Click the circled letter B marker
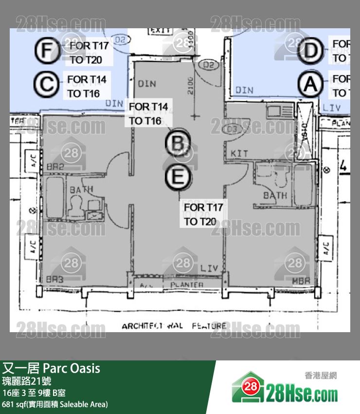(x=177, y=143)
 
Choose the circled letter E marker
(x=177, y=177)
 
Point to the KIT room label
(x=239, y=153)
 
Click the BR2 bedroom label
(x=56, y=167)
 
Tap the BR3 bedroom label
(x=55, y=280)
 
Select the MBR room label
(x=301, y=281)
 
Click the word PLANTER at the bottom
(x=187, y=284)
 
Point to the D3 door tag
(x=233, y=130)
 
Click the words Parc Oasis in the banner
(x=72, y=368)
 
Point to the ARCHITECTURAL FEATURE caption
(x=174, y=326)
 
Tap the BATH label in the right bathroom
(x=275, y=196)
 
